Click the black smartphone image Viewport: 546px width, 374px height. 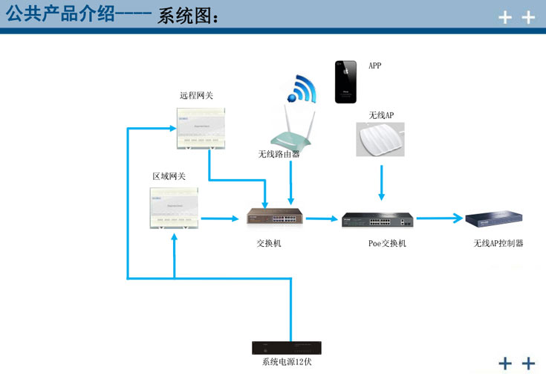click(345, 82)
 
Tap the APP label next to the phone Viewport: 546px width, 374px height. click(375, 66)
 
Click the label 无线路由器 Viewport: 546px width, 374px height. click(279, 154)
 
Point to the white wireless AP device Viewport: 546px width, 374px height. click(382, 139)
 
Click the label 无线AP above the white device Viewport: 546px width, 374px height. click(381, 115)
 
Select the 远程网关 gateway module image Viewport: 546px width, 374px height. click(198, 127)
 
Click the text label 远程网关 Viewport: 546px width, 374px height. click(196, 96)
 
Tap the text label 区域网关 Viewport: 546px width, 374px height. click(169, 176)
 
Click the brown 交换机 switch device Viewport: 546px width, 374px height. click(276, 217)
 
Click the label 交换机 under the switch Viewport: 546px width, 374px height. click(269, 243)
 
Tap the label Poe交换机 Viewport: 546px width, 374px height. click(387, 243)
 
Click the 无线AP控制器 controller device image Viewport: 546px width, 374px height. click(495, 219)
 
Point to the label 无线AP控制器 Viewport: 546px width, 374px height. click(498, 243)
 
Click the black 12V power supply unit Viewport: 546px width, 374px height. click(286, 348)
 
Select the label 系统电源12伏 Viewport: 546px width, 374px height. click(286, 362)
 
